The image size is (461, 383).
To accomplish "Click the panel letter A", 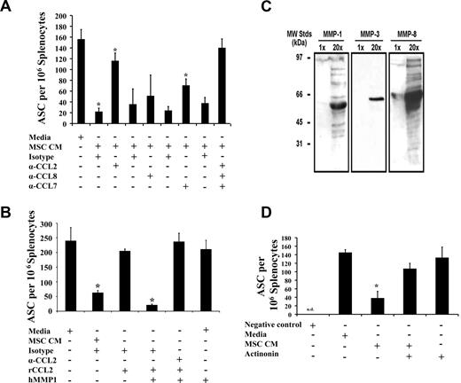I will click(8, 8).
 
